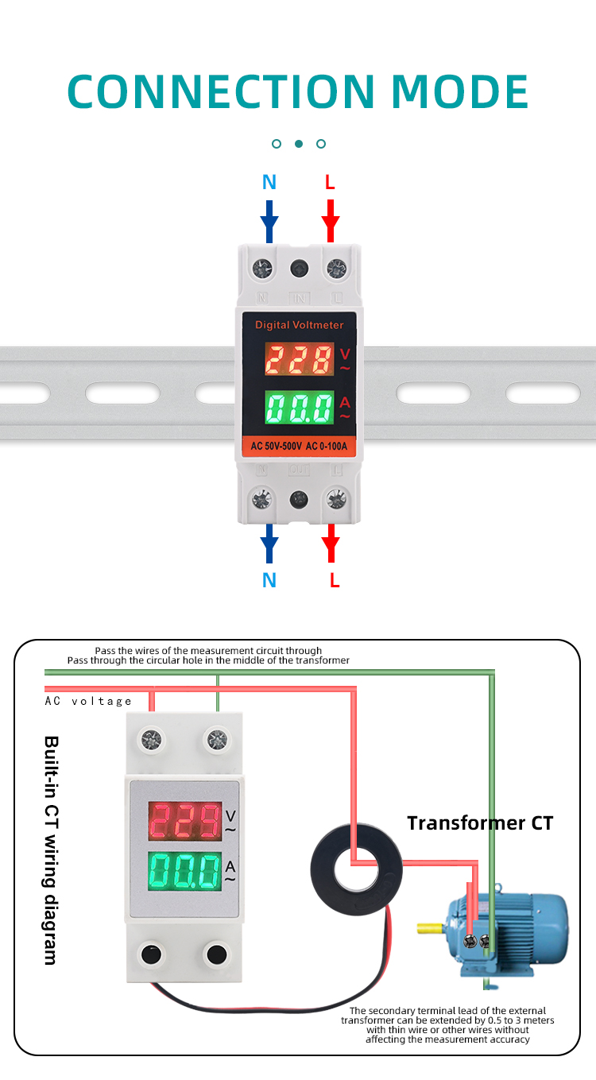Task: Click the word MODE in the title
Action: point(460,91)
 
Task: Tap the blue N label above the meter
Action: point(269,183)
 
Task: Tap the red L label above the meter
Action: point(330,183)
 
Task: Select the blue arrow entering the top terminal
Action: point(269,221)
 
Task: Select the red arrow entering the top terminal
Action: point(331,221)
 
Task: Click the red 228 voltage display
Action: point(299,361)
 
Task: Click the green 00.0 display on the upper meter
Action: point(299,408)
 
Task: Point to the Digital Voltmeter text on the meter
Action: point(299,325)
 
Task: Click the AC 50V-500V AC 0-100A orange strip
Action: point(299,447)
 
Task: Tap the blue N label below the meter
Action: point(269,581)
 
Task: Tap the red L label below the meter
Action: point(335,581)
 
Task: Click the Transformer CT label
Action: point(479,823)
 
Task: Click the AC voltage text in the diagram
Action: point(88,701)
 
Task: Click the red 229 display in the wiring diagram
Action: point(185,821)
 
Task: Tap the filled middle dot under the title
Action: point(299,144)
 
